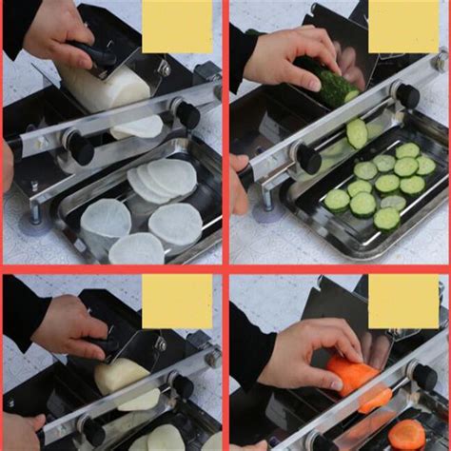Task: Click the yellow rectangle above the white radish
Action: click(177, 26)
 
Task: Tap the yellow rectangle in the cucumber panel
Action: click(403, 26)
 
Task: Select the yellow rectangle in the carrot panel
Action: click(403, 302)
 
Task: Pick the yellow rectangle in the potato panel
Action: click(177, 302)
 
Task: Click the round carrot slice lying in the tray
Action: click(407, 435)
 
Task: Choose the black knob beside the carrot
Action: click(422, 376)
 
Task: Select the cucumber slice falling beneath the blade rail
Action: click(358, 133)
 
